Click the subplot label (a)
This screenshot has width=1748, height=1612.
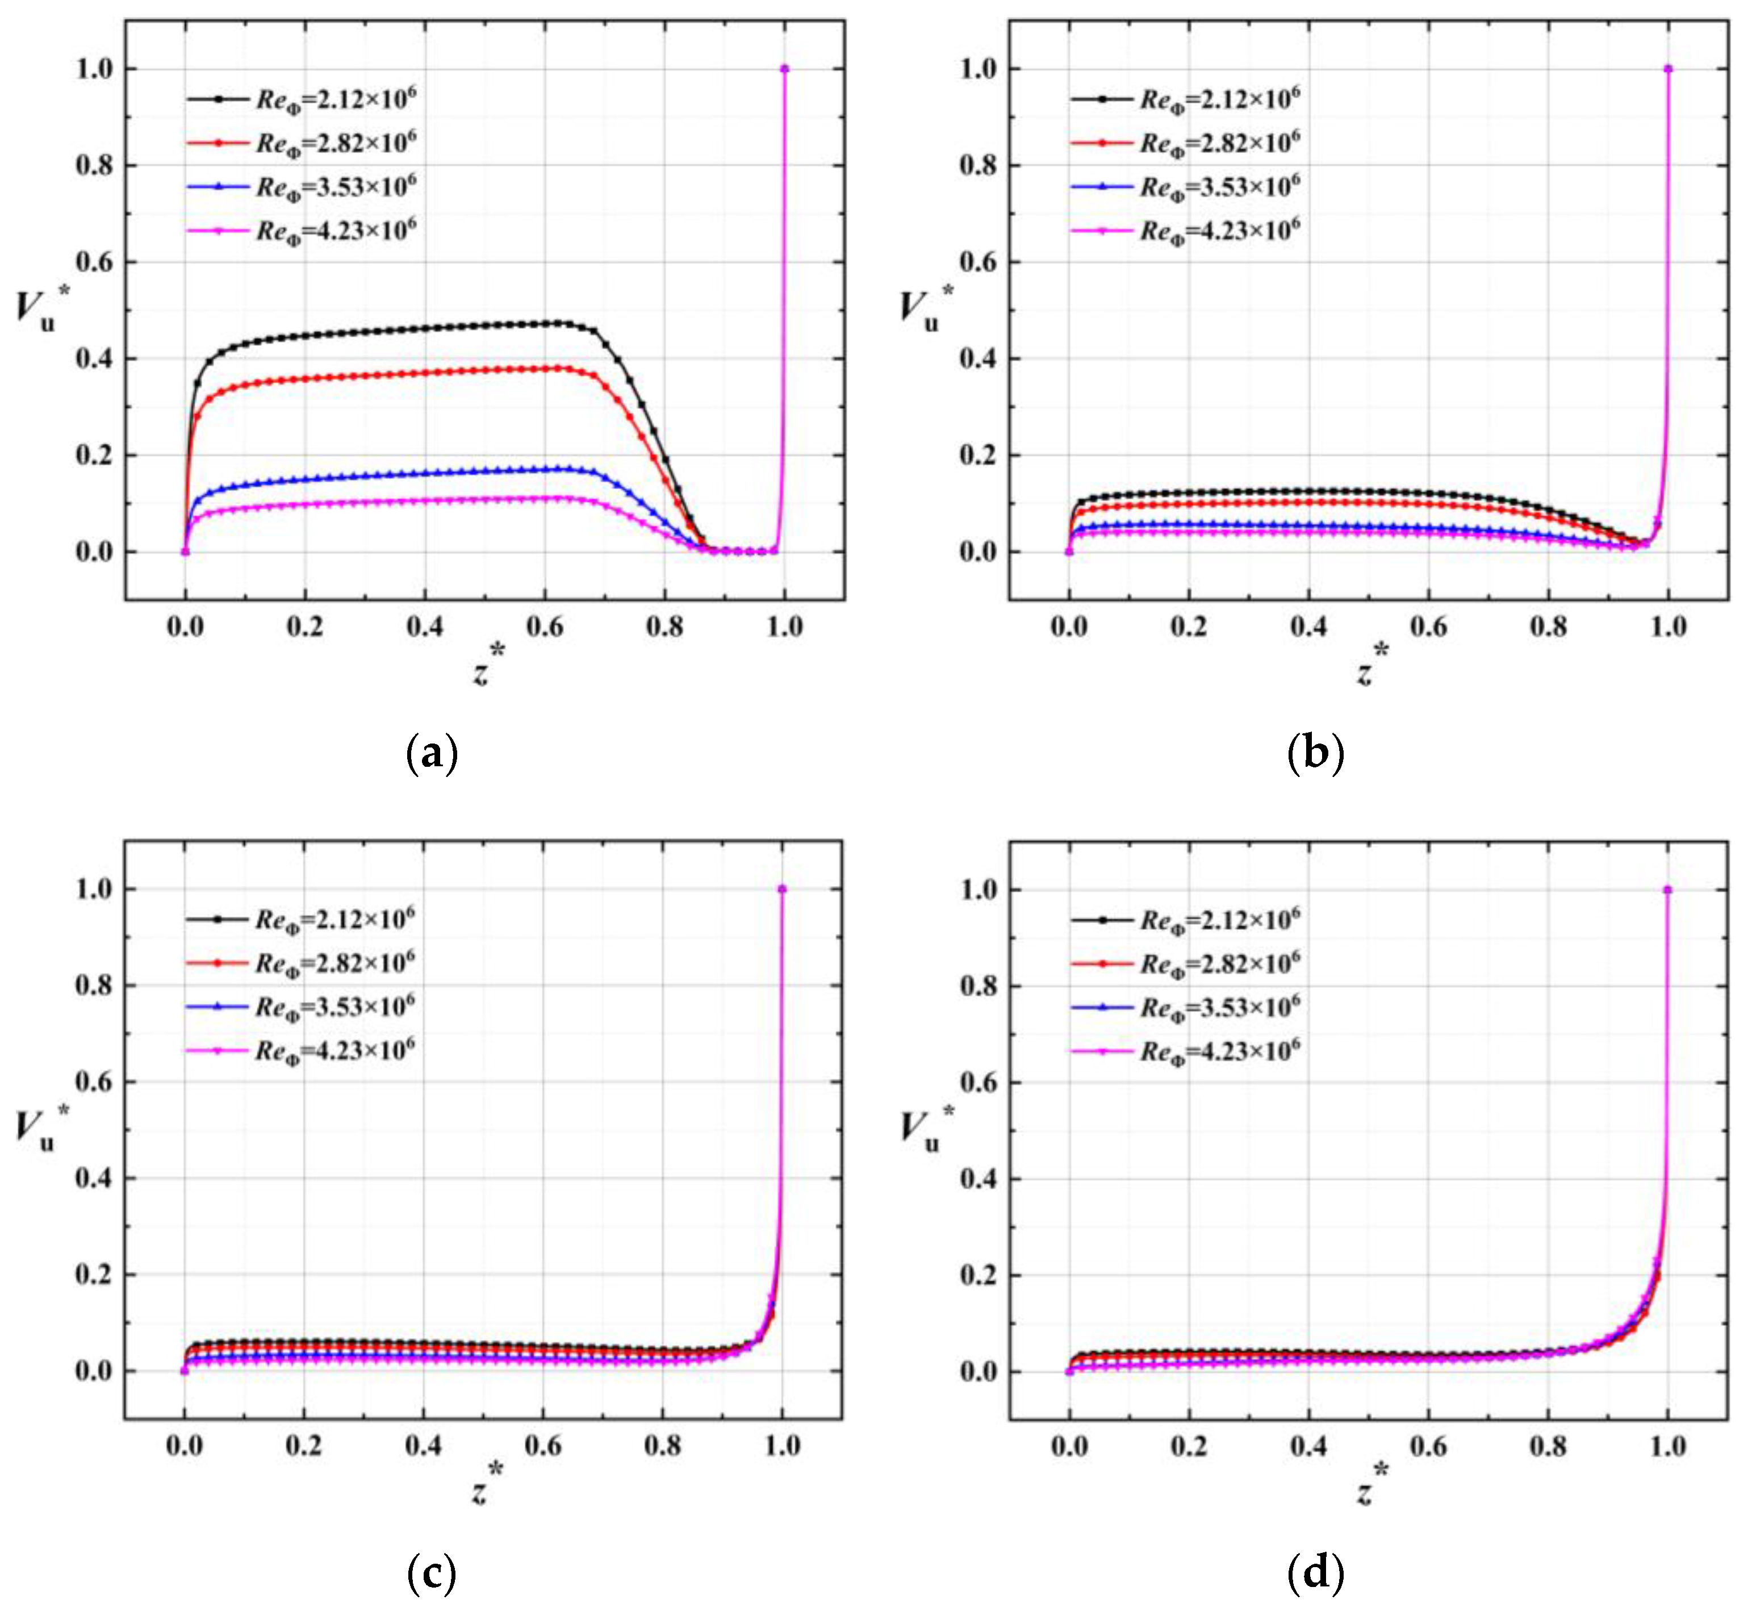coord(432,754)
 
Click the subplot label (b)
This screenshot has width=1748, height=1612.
coord(1315,754)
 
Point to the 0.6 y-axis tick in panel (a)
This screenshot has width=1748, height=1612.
coord(94,262)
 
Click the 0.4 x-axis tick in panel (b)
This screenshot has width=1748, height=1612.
coord(1308,627)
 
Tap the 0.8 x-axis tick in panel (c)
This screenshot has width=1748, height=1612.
coord(662,1446)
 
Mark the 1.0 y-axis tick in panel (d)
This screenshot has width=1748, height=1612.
coord(978,889)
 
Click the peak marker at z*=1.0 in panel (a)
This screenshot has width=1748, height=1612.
coord(784,69)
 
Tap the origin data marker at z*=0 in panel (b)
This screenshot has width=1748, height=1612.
coord(1069,552)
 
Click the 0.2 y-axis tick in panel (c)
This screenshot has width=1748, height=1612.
coord(94,1275)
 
